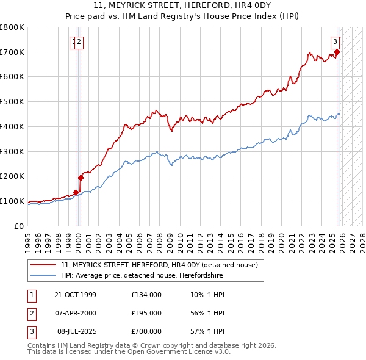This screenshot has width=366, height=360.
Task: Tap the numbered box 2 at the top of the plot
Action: [80, 41]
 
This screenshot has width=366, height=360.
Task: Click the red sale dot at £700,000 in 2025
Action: [337, 52]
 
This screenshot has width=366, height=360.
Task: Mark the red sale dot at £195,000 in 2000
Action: [81, 178]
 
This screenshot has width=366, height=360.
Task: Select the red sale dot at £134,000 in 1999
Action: [76, 193]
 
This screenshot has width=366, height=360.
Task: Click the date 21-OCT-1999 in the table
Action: [75, 295]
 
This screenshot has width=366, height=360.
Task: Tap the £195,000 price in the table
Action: [146, 313]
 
